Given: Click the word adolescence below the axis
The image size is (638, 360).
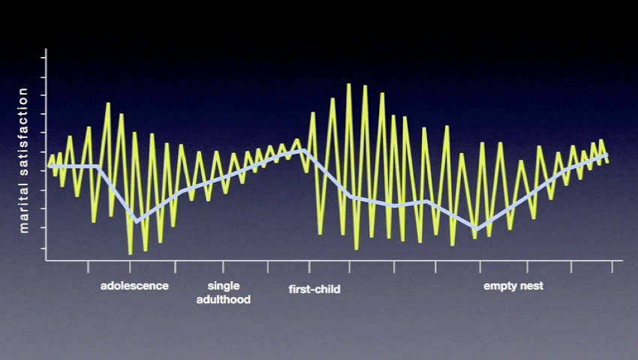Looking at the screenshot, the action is [134, 286].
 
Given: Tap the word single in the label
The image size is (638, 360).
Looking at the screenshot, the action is [224, 286].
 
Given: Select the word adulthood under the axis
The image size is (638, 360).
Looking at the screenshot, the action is [224, 300].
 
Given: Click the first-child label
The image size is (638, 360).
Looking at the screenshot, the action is [314, 289].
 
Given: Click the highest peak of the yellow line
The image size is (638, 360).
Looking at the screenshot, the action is [349, 85].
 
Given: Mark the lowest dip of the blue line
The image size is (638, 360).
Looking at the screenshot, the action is [477, 229].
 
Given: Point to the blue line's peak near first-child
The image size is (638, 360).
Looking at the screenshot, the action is [302, 151].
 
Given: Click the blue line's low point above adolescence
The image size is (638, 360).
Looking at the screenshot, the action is [137, 221].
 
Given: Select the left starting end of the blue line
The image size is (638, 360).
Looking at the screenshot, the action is [50, 166].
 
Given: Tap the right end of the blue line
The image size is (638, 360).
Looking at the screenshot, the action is [606, 155].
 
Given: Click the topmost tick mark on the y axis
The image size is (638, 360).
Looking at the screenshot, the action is [43, 58].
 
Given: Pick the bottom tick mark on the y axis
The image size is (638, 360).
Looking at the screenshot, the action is [43, 248].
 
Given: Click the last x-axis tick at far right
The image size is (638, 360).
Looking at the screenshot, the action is [612, 266].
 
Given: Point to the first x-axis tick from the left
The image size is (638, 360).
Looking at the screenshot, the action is [88, 266].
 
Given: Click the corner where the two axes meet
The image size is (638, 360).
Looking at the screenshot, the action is [46, 260].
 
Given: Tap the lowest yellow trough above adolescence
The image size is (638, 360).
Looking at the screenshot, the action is [130, 253].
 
